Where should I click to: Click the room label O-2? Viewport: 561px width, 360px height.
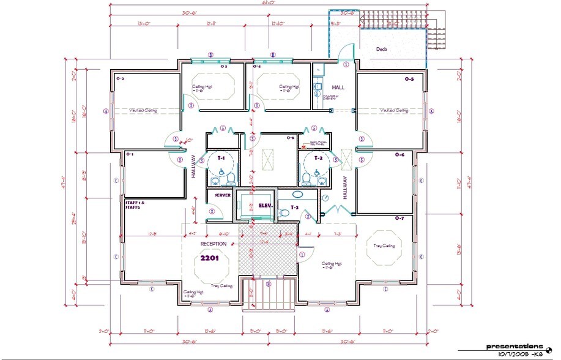(x=121, y=78)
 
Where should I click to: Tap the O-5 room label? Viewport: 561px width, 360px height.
(x=409, y=79)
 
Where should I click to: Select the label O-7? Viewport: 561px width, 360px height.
(x=399, y=218)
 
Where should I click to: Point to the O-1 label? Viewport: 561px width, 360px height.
(x=130, y=154)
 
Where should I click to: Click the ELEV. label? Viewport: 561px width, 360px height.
(x=265, y=205)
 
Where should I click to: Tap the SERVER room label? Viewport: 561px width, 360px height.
(x=222, y=195)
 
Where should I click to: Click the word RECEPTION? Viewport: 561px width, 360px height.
(x=214, y=244)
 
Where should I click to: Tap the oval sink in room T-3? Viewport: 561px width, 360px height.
(x=298, y=195)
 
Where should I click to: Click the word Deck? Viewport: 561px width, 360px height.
(x=382, y=50)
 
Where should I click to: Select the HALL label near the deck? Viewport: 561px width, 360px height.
(x=338, y=87)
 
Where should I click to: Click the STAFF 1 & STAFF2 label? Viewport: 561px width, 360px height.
(x=133, y=204)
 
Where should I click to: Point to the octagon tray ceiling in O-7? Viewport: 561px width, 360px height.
(x=384, y=246)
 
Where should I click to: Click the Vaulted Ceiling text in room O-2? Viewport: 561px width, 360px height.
(x=143, y=111)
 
